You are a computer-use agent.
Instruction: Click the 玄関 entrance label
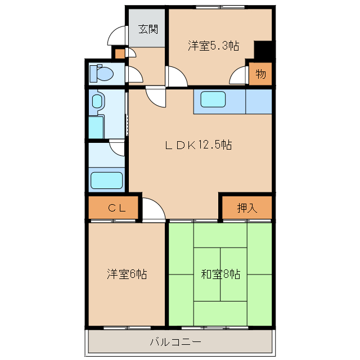(x=148, y=29)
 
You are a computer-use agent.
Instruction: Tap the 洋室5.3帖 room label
(x=214, y=46)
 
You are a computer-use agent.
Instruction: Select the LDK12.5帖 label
(x=199, y=145)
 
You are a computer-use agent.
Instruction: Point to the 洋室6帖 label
(x=127, y=274)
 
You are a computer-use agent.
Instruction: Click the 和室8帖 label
(x=220, y=274)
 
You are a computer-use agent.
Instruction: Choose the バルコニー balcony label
(x=175, y=342)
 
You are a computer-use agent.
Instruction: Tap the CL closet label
(x=117, y=208)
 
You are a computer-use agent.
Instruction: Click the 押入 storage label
(x=247, y=208)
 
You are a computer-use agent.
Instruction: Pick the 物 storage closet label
(x=261, y=74)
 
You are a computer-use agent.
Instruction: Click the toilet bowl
(x=102, y=74)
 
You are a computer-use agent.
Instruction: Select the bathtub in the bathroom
(x=106, y=181)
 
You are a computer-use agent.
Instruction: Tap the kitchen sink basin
(x=213, y=99)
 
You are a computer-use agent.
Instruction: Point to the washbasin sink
(x=97, y=101)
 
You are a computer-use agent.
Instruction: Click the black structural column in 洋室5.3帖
(x=263, y=52)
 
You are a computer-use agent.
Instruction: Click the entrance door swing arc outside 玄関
(x=117, y=35)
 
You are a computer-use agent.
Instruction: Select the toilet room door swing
(x=134, y=74)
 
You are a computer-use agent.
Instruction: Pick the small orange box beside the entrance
(x=119, y=54)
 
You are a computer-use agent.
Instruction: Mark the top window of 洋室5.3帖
(x=220, y=7)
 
